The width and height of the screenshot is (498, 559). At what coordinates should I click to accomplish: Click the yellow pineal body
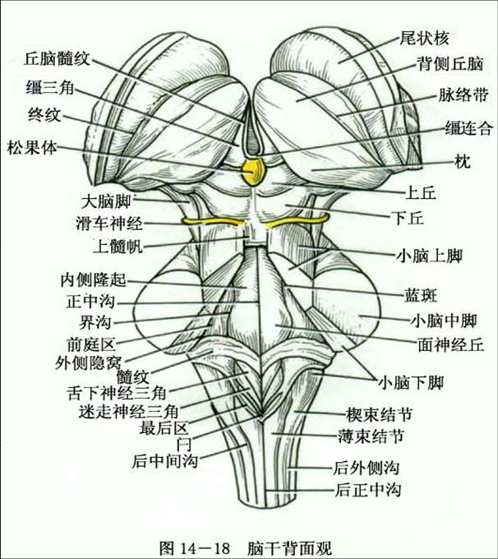253,173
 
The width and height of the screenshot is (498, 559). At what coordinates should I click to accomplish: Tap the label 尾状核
424,38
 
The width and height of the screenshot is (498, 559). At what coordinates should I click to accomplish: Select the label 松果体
32,148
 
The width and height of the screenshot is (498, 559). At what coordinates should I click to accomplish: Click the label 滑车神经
109,224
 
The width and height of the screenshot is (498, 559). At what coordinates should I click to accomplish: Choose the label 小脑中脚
444,321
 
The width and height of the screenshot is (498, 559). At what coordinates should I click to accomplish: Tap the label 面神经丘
450,344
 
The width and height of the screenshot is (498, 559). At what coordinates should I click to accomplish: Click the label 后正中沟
367,490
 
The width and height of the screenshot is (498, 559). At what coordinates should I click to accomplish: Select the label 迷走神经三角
128,412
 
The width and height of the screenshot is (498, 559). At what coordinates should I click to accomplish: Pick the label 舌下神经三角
117,393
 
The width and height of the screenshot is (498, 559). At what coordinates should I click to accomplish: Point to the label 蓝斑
421,295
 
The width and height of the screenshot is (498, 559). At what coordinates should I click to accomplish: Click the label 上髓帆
118,246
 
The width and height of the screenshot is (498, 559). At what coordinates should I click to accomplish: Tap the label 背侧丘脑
450,64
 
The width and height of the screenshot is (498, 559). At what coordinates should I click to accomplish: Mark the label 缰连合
468,127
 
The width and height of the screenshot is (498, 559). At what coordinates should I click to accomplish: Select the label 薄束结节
371,436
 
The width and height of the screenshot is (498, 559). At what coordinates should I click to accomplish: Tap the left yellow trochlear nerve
214,221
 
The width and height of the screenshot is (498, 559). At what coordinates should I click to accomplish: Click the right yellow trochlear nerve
297,220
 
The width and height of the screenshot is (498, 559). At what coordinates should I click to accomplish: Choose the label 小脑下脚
411,383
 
